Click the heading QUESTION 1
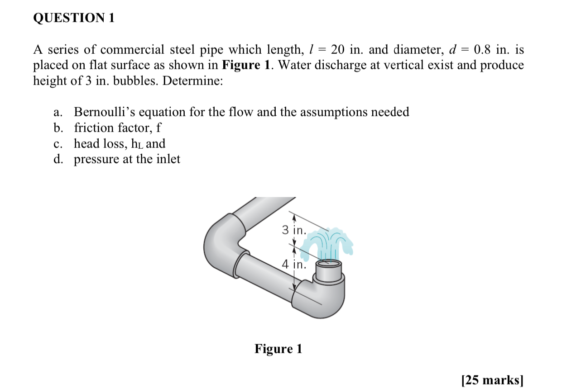(x=74, y=19)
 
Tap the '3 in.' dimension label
(x=294, y=230)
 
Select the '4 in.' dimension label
(x=294, y=264)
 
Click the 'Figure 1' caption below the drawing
(x=278, y=349)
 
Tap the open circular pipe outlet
(x=329, y=264)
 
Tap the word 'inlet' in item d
(x=169, y=159)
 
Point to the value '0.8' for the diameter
(x=482, y=50)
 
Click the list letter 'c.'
(x=58, y=144)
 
